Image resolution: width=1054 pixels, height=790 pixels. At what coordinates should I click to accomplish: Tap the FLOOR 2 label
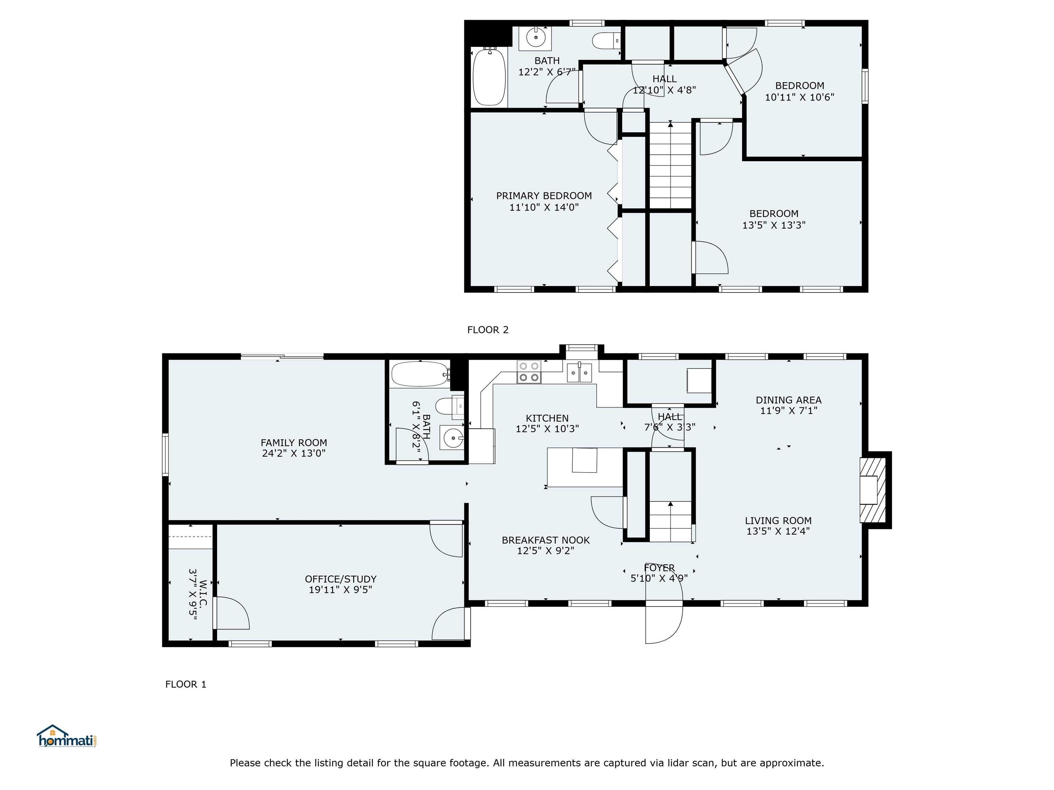pyautogui.click(x=488, y=330)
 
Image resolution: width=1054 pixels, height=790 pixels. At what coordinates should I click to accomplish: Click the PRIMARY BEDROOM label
pyautogui.click(x=544, y=196)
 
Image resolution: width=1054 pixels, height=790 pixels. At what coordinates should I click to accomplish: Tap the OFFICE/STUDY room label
pyautogui.click(x=341, y=579)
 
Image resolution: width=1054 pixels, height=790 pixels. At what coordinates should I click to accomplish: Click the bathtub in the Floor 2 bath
pyautogui.click(x=489, y=76)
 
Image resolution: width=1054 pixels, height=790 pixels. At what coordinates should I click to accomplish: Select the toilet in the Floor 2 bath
pyautogui.click(x=607, y=40)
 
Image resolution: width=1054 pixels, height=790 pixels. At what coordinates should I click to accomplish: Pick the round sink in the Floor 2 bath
pyautogui.click(x=536, y=37)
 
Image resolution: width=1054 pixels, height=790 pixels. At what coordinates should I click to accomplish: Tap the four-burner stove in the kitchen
pyautogui.click(x=529, y=372)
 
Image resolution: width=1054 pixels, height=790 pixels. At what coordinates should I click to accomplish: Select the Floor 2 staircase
pyautogui.click(x=670, y=165)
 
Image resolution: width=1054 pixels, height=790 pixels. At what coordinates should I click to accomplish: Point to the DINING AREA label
pyautogui.click(x=788, y=400)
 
